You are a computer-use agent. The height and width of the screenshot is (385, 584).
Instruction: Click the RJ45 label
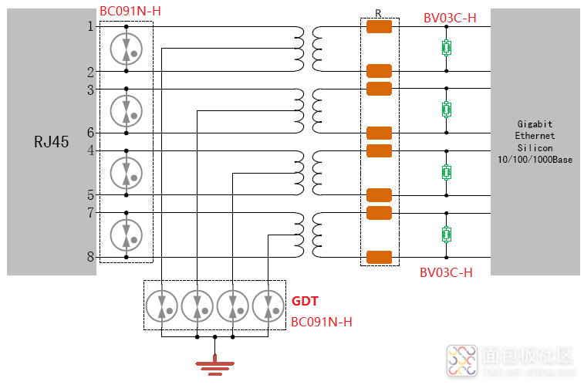tap(52, 142)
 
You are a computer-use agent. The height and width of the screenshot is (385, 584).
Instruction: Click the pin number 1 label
tap(90, 26)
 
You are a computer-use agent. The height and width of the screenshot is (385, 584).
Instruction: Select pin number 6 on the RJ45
tap(90, 132)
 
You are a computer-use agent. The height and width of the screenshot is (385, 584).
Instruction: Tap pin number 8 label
tap(90, 257)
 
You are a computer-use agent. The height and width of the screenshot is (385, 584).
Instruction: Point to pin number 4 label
tap(90, 150)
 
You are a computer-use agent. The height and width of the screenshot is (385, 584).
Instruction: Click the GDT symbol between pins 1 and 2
tap(127, 49)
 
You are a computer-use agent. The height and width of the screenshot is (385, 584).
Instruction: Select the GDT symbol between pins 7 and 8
tap(127, 235)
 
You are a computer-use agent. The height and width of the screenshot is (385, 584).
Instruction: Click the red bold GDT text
tap(305, 302)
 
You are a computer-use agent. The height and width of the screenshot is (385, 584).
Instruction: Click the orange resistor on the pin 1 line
tap(379, 27)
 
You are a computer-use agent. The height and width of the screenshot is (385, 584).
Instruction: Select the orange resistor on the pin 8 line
tap(379, 257)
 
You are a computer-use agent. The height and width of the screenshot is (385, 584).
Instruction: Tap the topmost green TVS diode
tap(446, 48)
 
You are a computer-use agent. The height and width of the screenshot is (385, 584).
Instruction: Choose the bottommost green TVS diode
tap(446, 234)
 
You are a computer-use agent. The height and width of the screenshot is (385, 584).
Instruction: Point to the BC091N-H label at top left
tap(130, 12)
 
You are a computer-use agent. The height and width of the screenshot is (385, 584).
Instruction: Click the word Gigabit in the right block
tap(535, 123)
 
